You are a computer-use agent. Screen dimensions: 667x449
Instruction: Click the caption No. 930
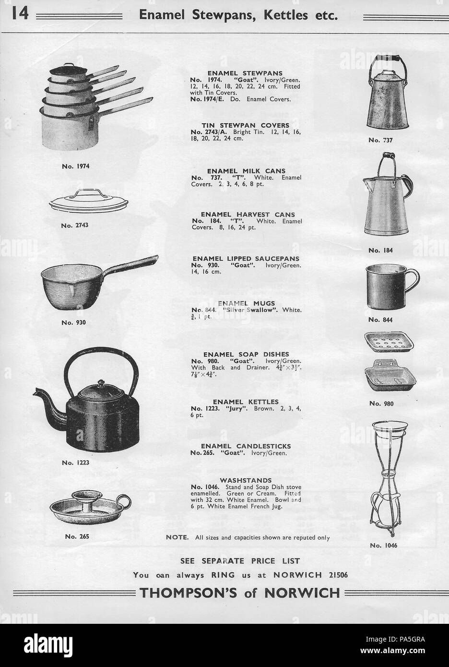click(x=73, y=322)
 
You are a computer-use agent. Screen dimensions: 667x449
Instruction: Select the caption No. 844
click(x=381, y=320)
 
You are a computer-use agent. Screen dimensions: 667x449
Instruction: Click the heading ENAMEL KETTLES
click(x=246, y=402)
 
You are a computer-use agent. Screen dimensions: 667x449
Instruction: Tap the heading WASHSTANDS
click(x=246, y=480)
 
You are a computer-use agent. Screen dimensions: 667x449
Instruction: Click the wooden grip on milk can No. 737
click(x=384, y=58)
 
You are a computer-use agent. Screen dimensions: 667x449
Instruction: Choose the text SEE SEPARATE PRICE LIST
click(x=240, y=560)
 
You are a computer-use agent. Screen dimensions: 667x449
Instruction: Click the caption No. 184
click(x=381, y=250)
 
